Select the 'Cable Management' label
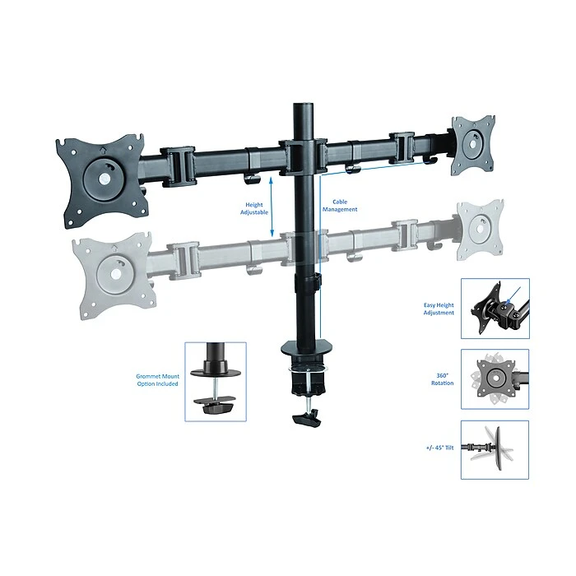click(x=345, y=206)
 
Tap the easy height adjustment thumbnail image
click(x=495, y=308)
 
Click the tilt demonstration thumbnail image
click(x=495, y=449)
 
